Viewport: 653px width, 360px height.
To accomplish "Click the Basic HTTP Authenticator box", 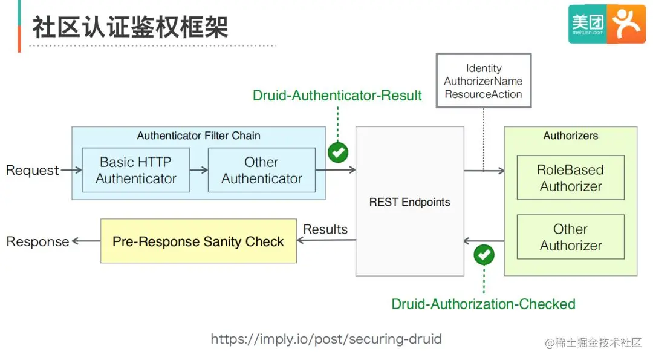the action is (x=136, y=170).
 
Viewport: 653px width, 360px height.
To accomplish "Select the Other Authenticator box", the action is (x=262, y=170).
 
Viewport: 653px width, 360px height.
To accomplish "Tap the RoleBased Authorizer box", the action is (x=571, y=178).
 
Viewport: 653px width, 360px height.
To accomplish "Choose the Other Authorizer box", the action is (x=571, y=237).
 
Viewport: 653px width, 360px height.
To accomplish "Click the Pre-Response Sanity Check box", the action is (x=199, y=241).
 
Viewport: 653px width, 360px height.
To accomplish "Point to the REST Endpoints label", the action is (x=410, y=202).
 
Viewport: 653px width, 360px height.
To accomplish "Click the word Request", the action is (x=33, y=170).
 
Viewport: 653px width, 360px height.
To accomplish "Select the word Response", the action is (x=37, y=241).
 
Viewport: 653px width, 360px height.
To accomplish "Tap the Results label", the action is (x=325, y=229).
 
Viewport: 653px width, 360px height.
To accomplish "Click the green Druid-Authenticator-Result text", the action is (x=337, y=96).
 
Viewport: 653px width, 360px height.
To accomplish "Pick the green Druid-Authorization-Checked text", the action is (x=484, y=304).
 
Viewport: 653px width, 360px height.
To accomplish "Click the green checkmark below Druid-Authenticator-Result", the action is (x=338, y=152).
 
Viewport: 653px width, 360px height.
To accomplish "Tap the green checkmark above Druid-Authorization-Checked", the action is (x=484, y=255).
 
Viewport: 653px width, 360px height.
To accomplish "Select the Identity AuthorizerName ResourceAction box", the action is (x=484, y=80).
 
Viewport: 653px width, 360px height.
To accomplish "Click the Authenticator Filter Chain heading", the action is (x=199, y=136).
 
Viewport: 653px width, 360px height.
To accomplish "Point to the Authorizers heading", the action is (x=571, y=136).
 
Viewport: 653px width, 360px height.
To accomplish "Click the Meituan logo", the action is (x=607, y=24).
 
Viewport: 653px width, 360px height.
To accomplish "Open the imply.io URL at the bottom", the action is (x=326, y=339).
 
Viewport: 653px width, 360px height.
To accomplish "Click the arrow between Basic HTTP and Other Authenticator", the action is (x=199, y=170).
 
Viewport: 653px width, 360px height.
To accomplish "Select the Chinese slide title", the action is (x=131, y=27).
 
